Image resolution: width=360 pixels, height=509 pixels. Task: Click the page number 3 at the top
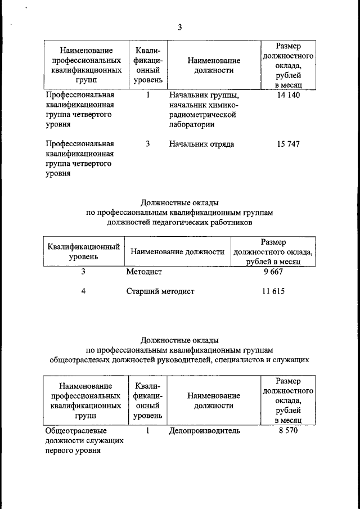180,26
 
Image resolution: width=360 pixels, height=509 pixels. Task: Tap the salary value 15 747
289,144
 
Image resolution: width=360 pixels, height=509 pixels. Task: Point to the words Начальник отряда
201,144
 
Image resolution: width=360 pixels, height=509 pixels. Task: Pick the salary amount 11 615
273,291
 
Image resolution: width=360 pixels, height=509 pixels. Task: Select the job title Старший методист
160,292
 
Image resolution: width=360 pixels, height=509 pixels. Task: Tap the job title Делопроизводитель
204,431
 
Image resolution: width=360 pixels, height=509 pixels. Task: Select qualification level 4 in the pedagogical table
83,291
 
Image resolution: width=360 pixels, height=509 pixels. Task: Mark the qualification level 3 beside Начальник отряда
148,144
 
